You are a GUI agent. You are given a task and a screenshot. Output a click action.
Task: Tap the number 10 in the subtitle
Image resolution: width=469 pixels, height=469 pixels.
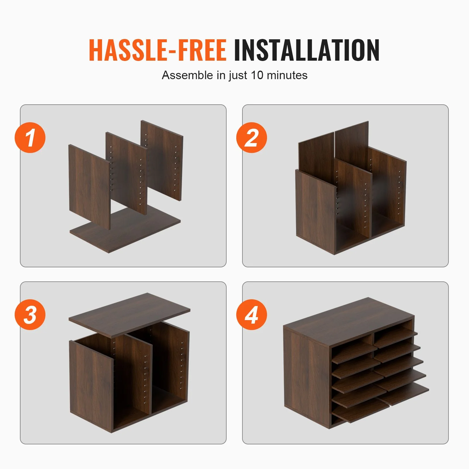pos(257,75)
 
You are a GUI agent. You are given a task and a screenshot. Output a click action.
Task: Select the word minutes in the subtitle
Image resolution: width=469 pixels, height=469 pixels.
pos(287,75)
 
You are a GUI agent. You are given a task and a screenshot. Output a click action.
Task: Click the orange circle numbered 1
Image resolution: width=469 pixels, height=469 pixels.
pos(30,137)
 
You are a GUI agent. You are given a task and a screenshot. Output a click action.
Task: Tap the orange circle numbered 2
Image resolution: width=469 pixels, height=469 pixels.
pos(252,137)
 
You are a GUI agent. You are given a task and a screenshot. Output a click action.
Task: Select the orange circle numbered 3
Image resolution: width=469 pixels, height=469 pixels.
pos(30,315)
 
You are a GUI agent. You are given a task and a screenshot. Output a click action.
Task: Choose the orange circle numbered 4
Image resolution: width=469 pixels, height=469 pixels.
pos(252,315)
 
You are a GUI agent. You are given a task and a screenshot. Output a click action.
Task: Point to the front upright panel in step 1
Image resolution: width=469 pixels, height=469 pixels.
pos(89,186)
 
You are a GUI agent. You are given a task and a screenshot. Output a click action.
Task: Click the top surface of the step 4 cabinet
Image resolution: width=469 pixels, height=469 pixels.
pos(349,320)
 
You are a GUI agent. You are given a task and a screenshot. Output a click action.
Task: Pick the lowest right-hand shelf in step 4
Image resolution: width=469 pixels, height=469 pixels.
pos(403,394)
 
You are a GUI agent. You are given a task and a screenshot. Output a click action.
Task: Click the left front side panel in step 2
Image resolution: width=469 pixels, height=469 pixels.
pos(316,211)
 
